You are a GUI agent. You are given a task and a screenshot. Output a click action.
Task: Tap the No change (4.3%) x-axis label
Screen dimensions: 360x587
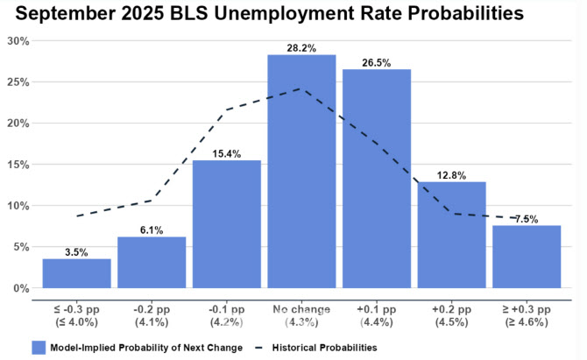pos(301,316)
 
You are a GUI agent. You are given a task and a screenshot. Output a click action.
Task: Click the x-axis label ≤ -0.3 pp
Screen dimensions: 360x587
pos(77,316)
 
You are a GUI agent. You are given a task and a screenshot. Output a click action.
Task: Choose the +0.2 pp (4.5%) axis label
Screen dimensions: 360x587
pos(451,316)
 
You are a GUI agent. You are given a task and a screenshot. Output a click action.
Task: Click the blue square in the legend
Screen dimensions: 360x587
pos(39,347)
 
